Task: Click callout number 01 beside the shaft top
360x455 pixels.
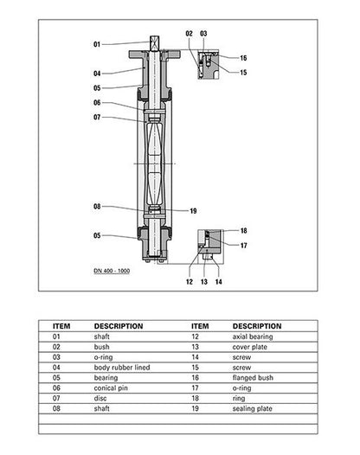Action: point(97,44)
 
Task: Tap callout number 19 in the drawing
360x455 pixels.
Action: point(193,211)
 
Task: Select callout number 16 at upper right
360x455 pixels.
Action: point(243,58)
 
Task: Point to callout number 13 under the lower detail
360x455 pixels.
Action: point(204,281)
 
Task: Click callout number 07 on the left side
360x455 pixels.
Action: point(97,118)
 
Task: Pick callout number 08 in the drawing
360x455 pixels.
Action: point(97,207)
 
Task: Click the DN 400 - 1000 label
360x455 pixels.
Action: point(112,271)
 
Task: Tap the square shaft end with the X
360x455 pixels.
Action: point(154,43)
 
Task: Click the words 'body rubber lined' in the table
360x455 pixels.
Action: point(122,368)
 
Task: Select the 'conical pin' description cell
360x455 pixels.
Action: point(111,388)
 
